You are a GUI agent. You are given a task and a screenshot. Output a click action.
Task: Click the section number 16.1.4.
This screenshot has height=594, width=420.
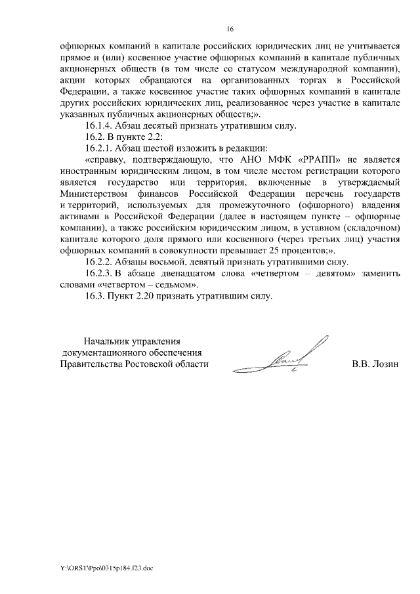point(99,125)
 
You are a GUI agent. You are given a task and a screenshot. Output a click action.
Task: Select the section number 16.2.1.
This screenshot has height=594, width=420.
point(99,148)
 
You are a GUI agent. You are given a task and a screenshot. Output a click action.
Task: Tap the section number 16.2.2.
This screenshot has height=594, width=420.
point(99,262)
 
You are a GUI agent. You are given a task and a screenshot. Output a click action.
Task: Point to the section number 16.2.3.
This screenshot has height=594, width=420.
point(99,273)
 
